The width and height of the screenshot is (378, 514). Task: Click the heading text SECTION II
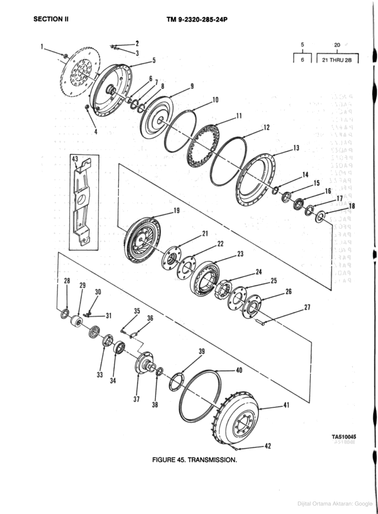click(51, 19)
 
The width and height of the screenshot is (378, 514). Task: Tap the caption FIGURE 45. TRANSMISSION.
click(194, 460)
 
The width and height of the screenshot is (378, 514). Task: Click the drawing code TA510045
click(344, 437)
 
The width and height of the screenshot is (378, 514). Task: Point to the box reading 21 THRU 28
click(337, 60)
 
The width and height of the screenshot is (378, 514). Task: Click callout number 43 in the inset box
click(75, 159)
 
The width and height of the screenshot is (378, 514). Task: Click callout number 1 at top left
click(42, 46)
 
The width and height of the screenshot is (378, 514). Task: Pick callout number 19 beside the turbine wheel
click(176, 211)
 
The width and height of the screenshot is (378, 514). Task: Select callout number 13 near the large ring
click(296, 148)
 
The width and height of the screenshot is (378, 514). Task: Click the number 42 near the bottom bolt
click(268, 446)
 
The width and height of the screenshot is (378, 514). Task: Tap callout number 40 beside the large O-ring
click(239, 370)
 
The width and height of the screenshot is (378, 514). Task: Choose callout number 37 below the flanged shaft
click(137, 399)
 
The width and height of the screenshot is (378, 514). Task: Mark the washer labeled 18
click(320, 217)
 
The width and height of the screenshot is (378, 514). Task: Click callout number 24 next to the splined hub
click(259, 272)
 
